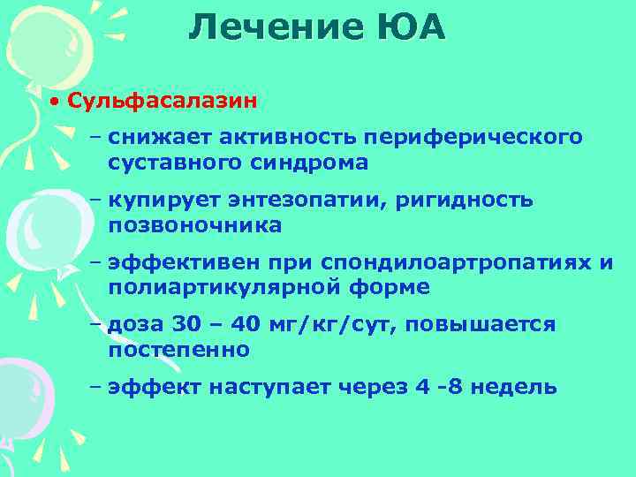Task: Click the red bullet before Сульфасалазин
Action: click(x=55, y=101)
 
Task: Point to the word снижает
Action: click(x=155, y=137)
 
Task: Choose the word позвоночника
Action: click(x=195, y=225)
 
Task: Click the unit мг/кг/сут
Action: click(x=335, y=324)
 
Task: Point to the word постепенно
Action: click(x=179, y=350)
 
